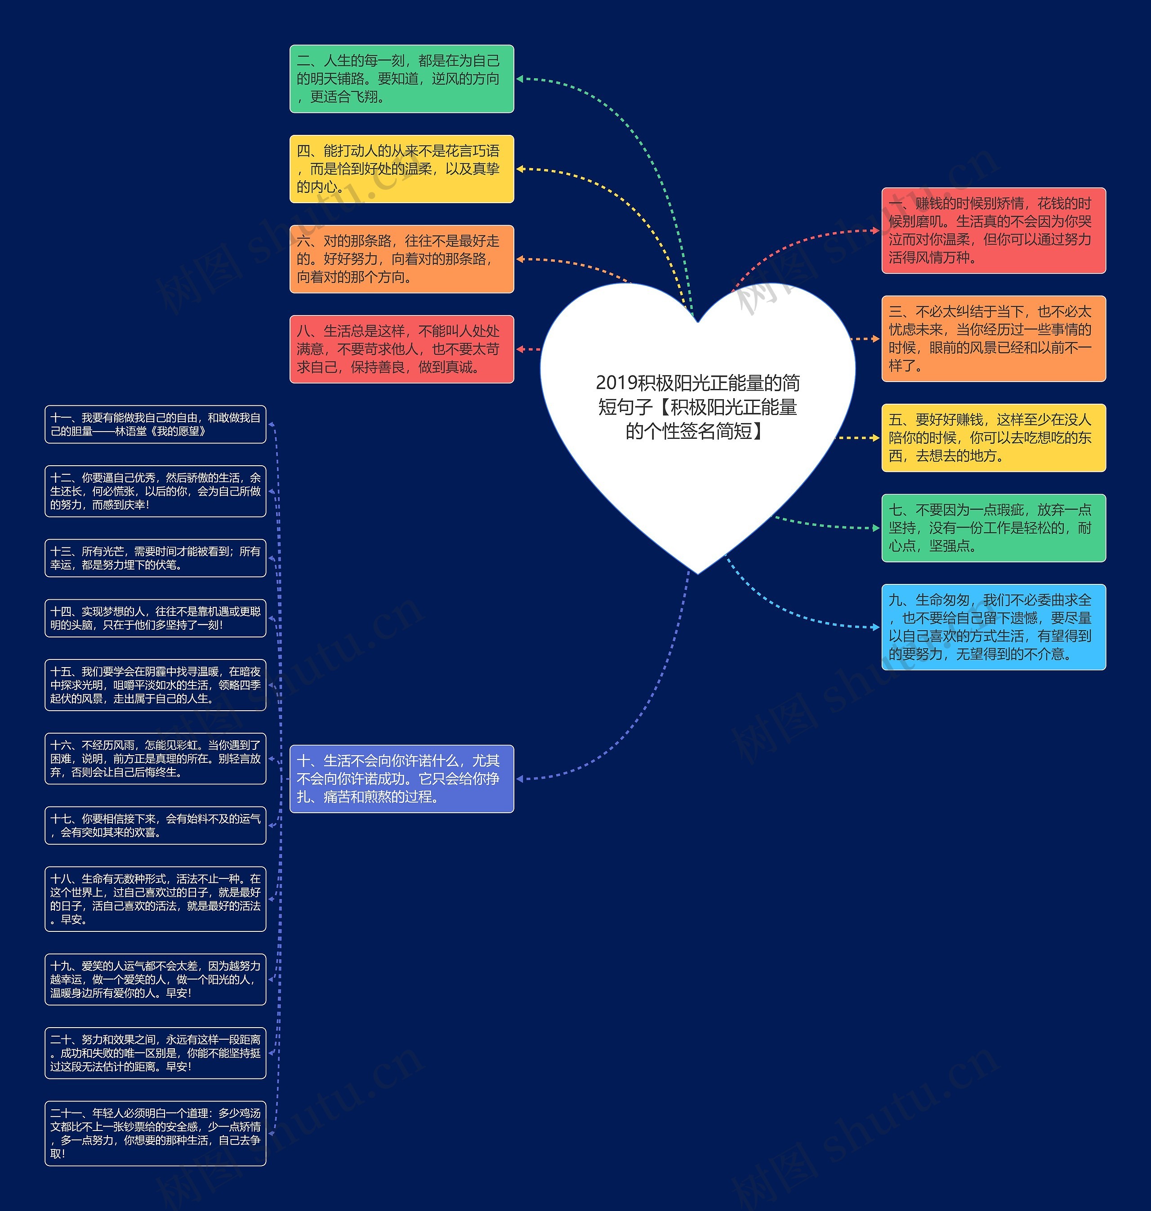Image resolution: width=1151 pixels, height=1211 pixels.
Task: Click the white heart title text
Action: pyautogui.click(x=698, y=407)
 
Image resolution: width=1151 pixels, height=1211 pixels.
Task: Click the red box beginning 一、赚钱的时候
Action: pyautogui.click(x=993, y=231)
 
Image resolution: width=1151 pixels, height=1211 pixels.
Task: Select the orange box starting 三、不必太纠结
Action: pyautogui.click(x=993, y=338)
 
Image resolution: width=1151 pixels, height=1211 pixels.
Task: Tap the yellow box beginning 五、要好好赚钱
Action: pyautogui.click(x=993, y=437)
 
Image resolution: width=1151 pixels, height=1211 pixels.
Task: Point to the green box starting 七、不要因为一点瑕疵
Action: pyautogui.click(x=993, y=528)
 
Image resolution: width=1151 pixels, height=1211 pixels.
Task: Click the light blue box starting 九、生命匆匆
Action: pyautogui.click(x=993, y=627)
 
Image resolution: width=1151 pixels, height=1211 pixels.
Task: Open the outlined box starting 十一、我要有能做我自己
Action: pyautogui.click(x=155, y=424)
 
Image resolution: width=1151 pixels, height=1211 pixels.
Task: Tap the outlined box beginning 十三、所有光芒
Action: pyautogui.click(x=155, y=558)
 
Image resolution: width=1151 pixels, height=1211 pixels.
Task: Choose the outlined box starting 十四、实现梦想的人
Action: pyautogui.click(x=155, y=618)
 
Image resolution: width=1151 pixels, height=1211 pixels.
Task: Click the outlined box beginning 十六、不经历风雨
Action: pyautogui.click(x=155, y=758)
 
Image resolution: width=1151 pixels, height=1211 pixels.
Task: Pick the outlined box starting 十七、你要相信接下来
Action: pyautogui.click(x=155, y=825)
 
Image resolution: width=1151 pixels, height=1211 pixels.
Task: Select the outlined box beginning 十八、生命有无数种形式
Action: pyautogui.click(x=155, y=899)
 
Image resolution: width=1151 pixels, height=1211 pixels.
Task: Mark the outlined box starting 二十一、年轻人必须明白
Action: pyautogui.click(x=155, y=1133)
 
